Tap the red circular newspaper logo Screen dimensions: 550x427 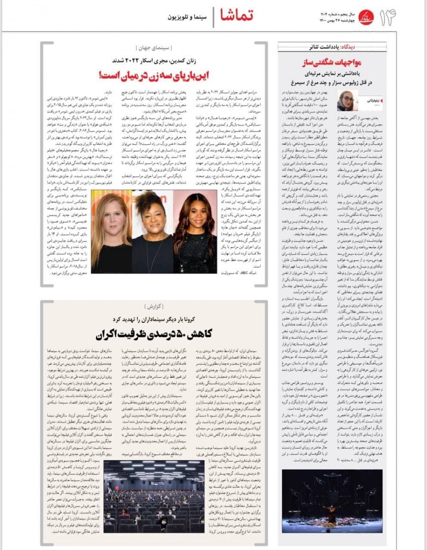tap(366, 17)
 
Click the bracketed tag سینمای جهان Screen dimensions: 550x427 tap(154, 47)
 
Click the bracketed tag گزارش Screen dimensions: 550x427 tap(154, 306)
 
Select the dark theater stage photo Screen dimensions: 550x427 tap(332, 500)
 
